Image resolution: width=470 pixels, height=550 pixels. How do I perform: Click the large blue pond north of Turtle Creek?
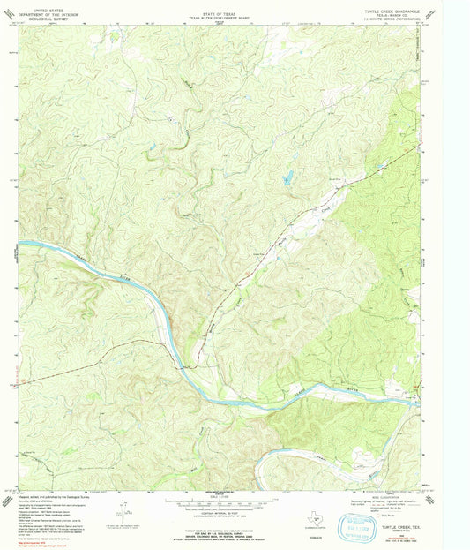pos(287,179)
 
